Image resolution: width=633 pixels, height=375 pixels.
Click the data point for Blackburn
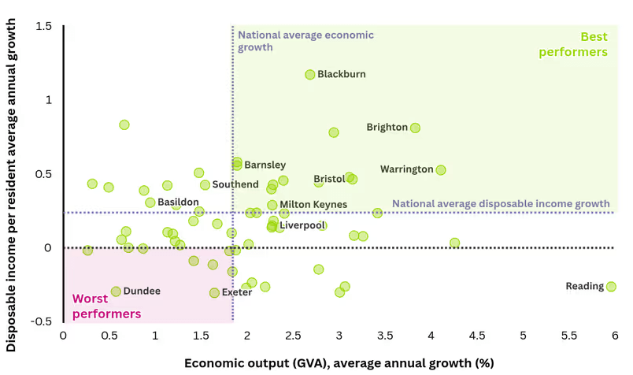click(x=310, y=74)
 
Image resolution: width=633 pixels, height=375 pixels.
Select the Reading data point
click(x=611, y=287)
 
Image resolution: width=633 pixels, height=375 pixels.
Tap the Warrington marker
click(x=441, y=169)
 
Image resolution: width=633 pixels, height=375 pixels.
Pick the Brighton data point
click(x=415, y=128)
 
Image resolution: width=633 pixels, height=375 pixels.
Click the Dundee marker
click(x=116, y=291)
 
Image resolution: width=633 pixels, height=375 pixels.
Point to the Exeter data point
click(x=214, y=293)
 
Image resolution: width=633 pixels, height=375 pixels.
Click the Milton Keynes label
click(x=313, y=205)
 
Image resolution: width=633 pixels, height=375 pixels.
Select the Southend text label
click(x=235, y=185)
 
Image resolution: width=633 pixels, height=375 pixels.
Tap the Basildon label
click(x=178, y=202)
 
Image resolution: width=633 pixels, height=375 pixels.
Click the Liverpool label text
click(x=302, y=225)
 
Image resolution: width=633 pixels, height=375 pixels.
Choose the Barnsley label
click(x=265, y=165)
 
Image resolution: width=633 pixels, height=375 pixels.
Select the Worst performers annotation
click(x=106, y=306)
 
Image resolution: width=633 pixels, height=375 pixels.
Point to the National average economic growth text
click(x=305, y=41)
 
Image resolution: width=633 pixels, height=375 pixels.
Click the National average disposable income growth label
click(x=501, y=203)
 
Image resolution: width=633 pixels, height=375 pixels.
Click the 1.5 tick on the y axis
click(x=43, y=26)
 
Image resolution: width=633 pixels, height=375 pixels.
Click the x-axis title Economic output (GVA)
click(x=339, y=363)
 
